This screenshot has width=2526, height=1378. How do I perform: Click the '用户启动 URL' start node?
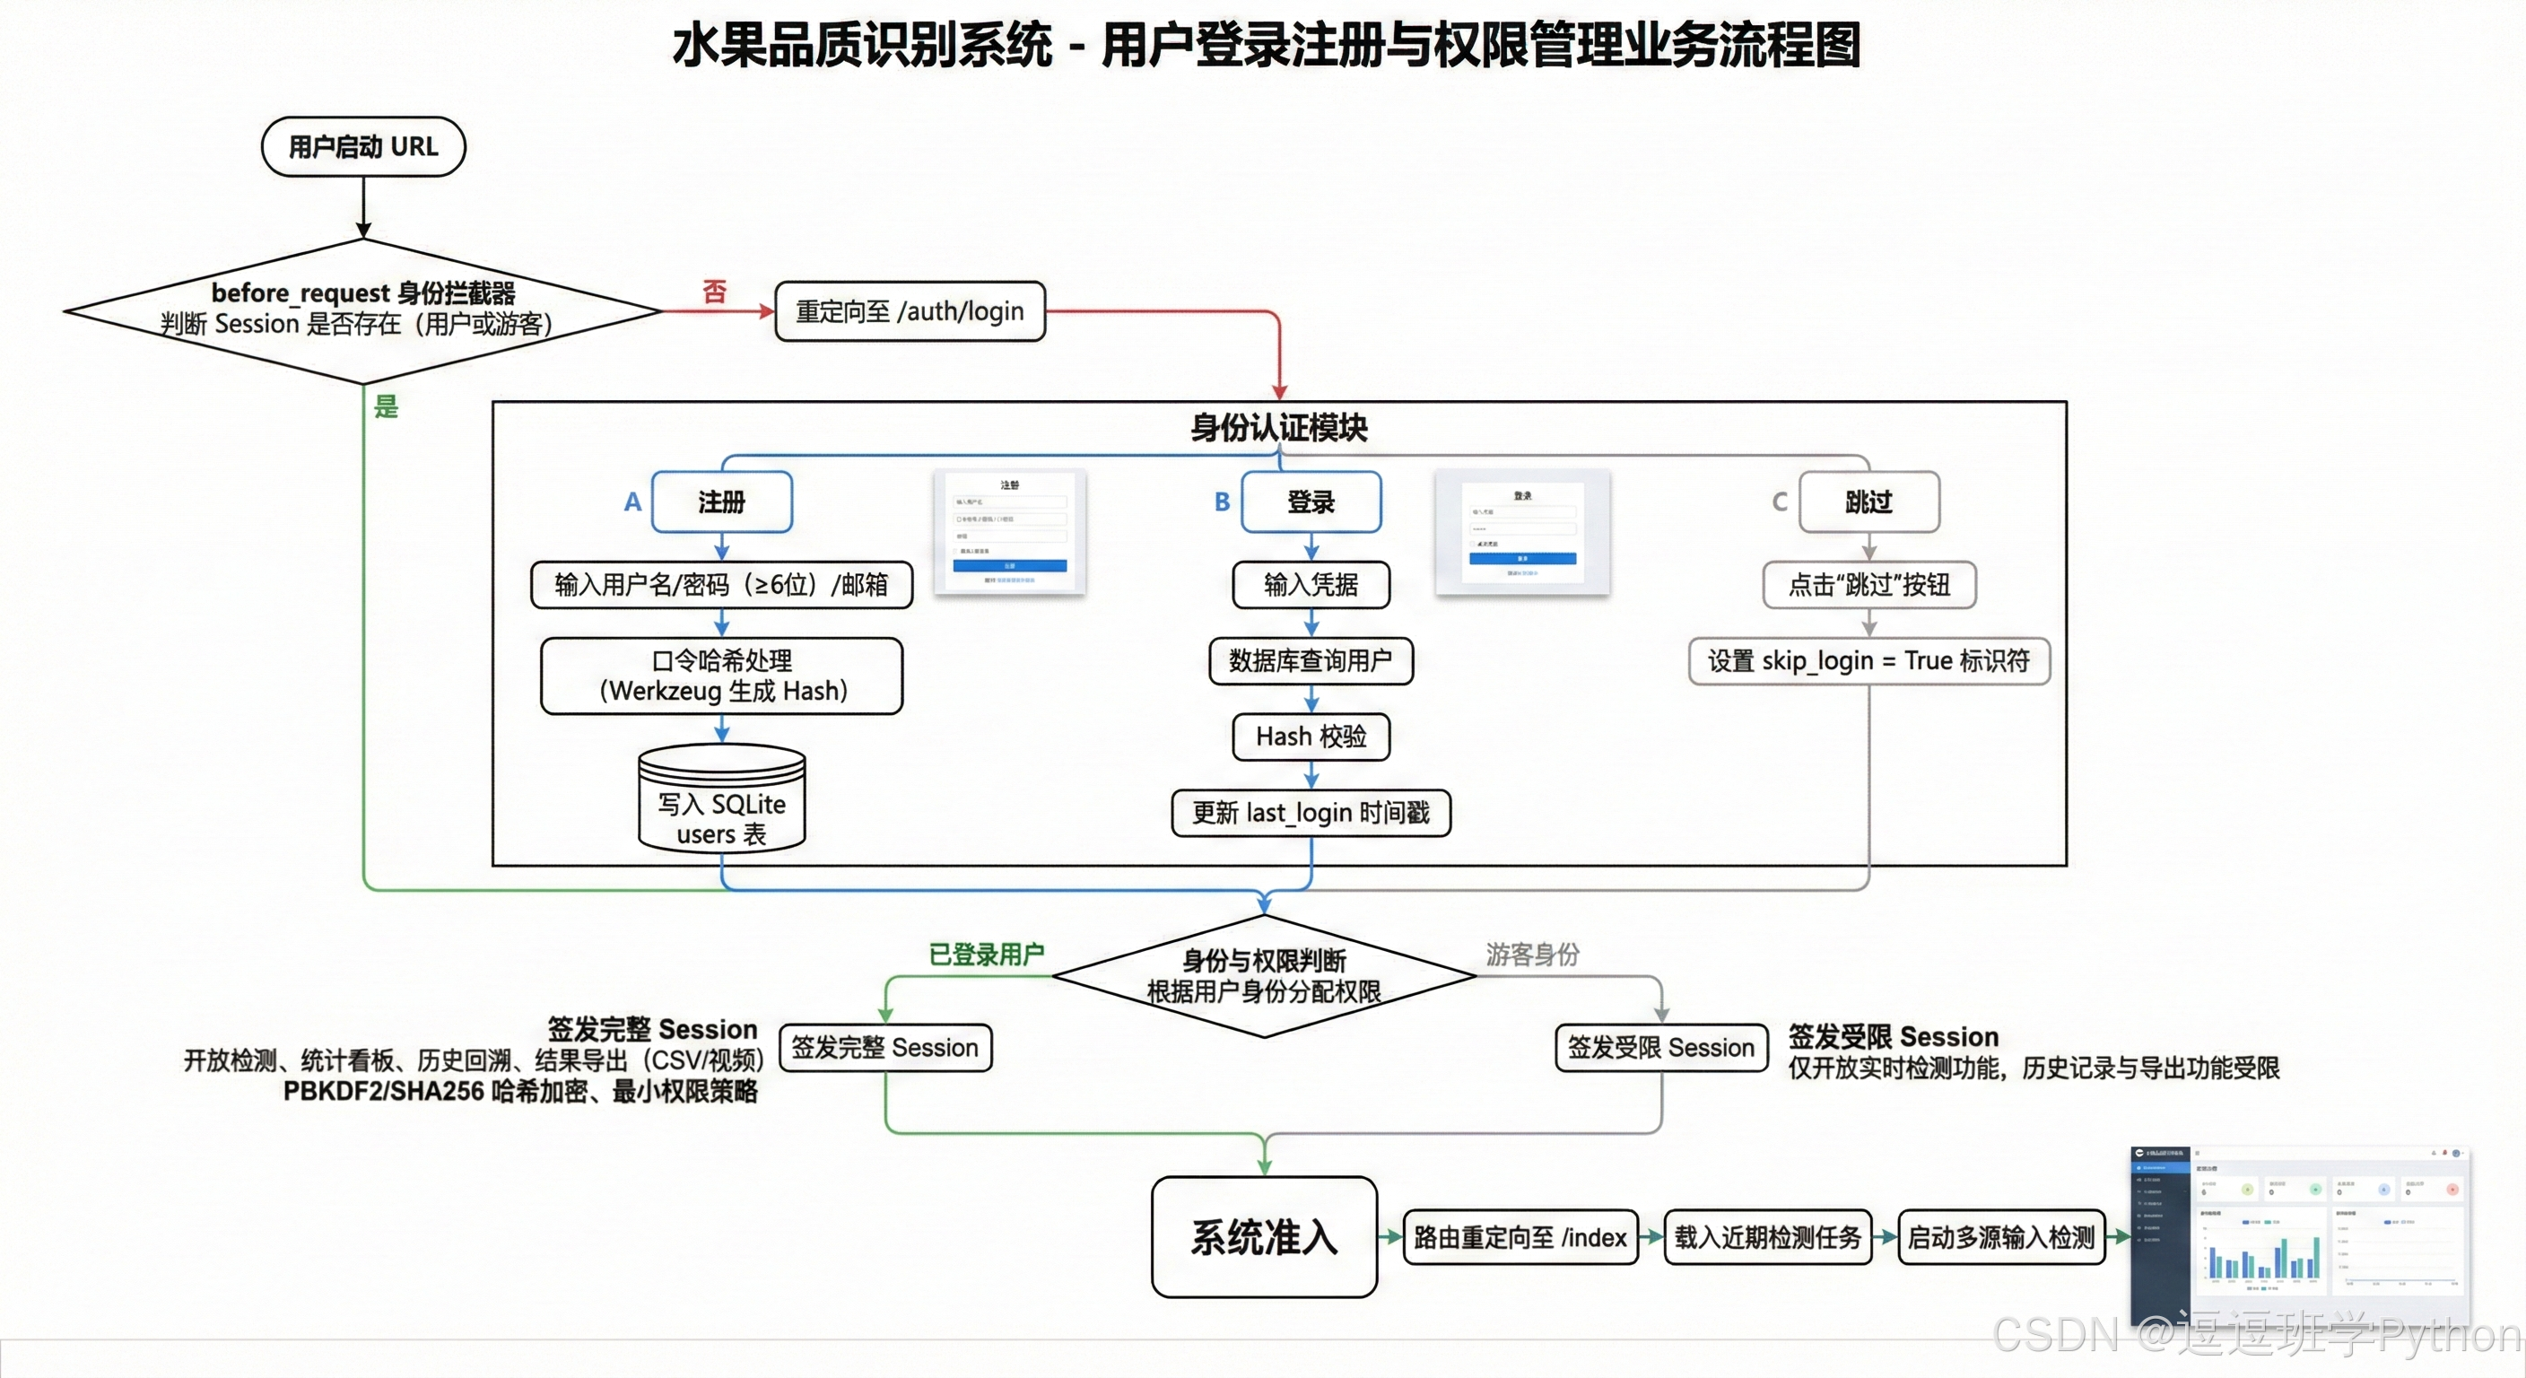362,147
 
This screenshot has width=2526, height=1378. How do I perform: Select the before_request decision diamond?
362,310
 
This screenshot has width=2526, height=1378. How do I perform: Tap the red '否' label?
715,292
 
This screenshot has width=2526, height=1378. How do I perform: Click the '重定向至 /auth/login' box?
909,312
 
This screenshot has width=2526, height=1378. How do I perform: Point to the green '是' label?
387,406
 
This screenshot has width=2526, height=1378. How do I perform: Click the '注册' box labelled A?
722,502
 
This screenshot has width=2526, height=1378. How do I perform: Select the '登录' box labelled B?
1311,502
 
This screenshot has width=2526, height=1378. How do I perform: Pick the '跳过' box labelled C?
1869,502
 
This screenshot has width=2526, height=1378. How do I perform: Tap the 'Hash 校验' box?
1311,737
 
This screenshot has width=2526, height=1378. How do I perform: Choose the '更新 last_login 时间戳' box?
1311,813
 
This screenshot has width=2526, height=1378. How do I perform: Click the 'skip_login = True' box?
1869,661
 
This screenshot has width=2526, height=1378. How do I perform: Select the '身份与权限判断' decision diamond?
1264,977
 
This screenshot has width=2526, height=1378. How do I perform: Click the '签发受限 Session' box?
1661,1048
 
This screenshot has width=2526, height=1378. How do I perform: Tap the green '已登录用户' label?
987,955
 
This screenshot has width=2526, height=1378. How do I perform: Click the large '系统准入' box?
1264,1237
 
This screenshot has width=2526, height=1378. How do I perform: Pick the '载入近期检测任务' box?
1767,1238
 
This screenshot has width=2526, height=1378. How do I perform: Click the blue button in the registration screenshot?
1009,566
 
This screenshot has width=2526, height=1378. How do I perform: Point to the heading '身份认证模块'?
1278,428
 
